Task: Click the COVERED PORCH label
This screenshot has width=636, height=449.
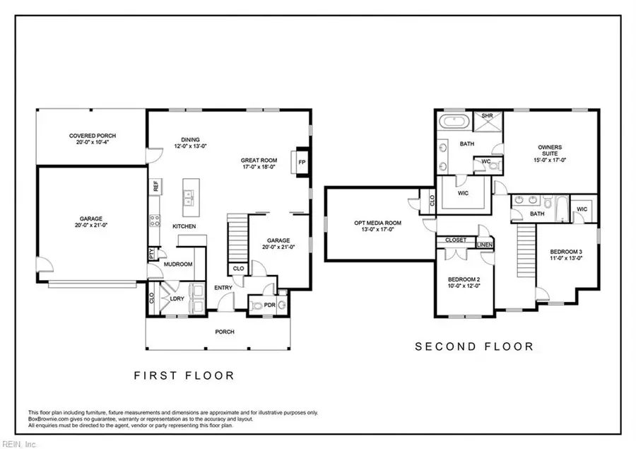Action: (x=93, y=136)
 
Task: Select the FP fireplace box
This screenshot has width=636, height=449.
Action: (x=302, y=162)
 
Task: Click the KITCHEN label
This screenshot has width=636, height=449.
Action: (x=184, y=226)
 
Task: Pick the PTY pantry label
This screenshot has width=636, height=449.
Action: (x=151, y=252)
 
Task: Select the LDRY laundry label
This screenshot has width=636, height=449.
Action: (x=177, y=298)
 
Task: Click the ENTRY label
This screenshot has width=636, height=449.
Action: (x=224, y=287)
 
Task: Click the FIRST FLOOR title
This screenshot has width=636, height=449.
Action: (x=184, y=375)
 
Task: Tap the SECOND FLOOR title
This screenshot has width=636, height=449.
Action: (x=473, y=346)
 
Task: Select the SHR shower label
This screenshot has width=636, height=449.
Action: (x=487, y=116)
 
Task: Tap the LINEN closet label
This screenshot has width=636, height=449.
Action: (x=484, y=244)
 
